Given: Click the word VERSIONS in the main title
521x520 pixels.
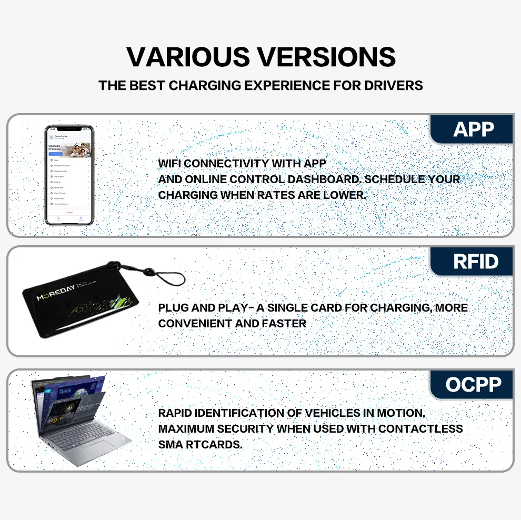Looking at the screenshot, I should [326, 57].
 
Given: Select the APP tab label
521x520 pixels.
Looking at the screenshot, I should [473, 129].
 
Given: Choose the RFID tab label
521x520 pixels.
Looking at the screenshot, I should [476, 262].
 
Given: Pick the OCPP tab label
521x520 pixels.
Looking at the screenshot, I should [474, 385].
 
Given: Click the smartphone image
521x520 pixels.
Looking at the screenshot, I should [69, 175].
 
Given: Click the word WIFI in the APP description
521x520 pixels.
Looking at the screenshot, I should [169, 164].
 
